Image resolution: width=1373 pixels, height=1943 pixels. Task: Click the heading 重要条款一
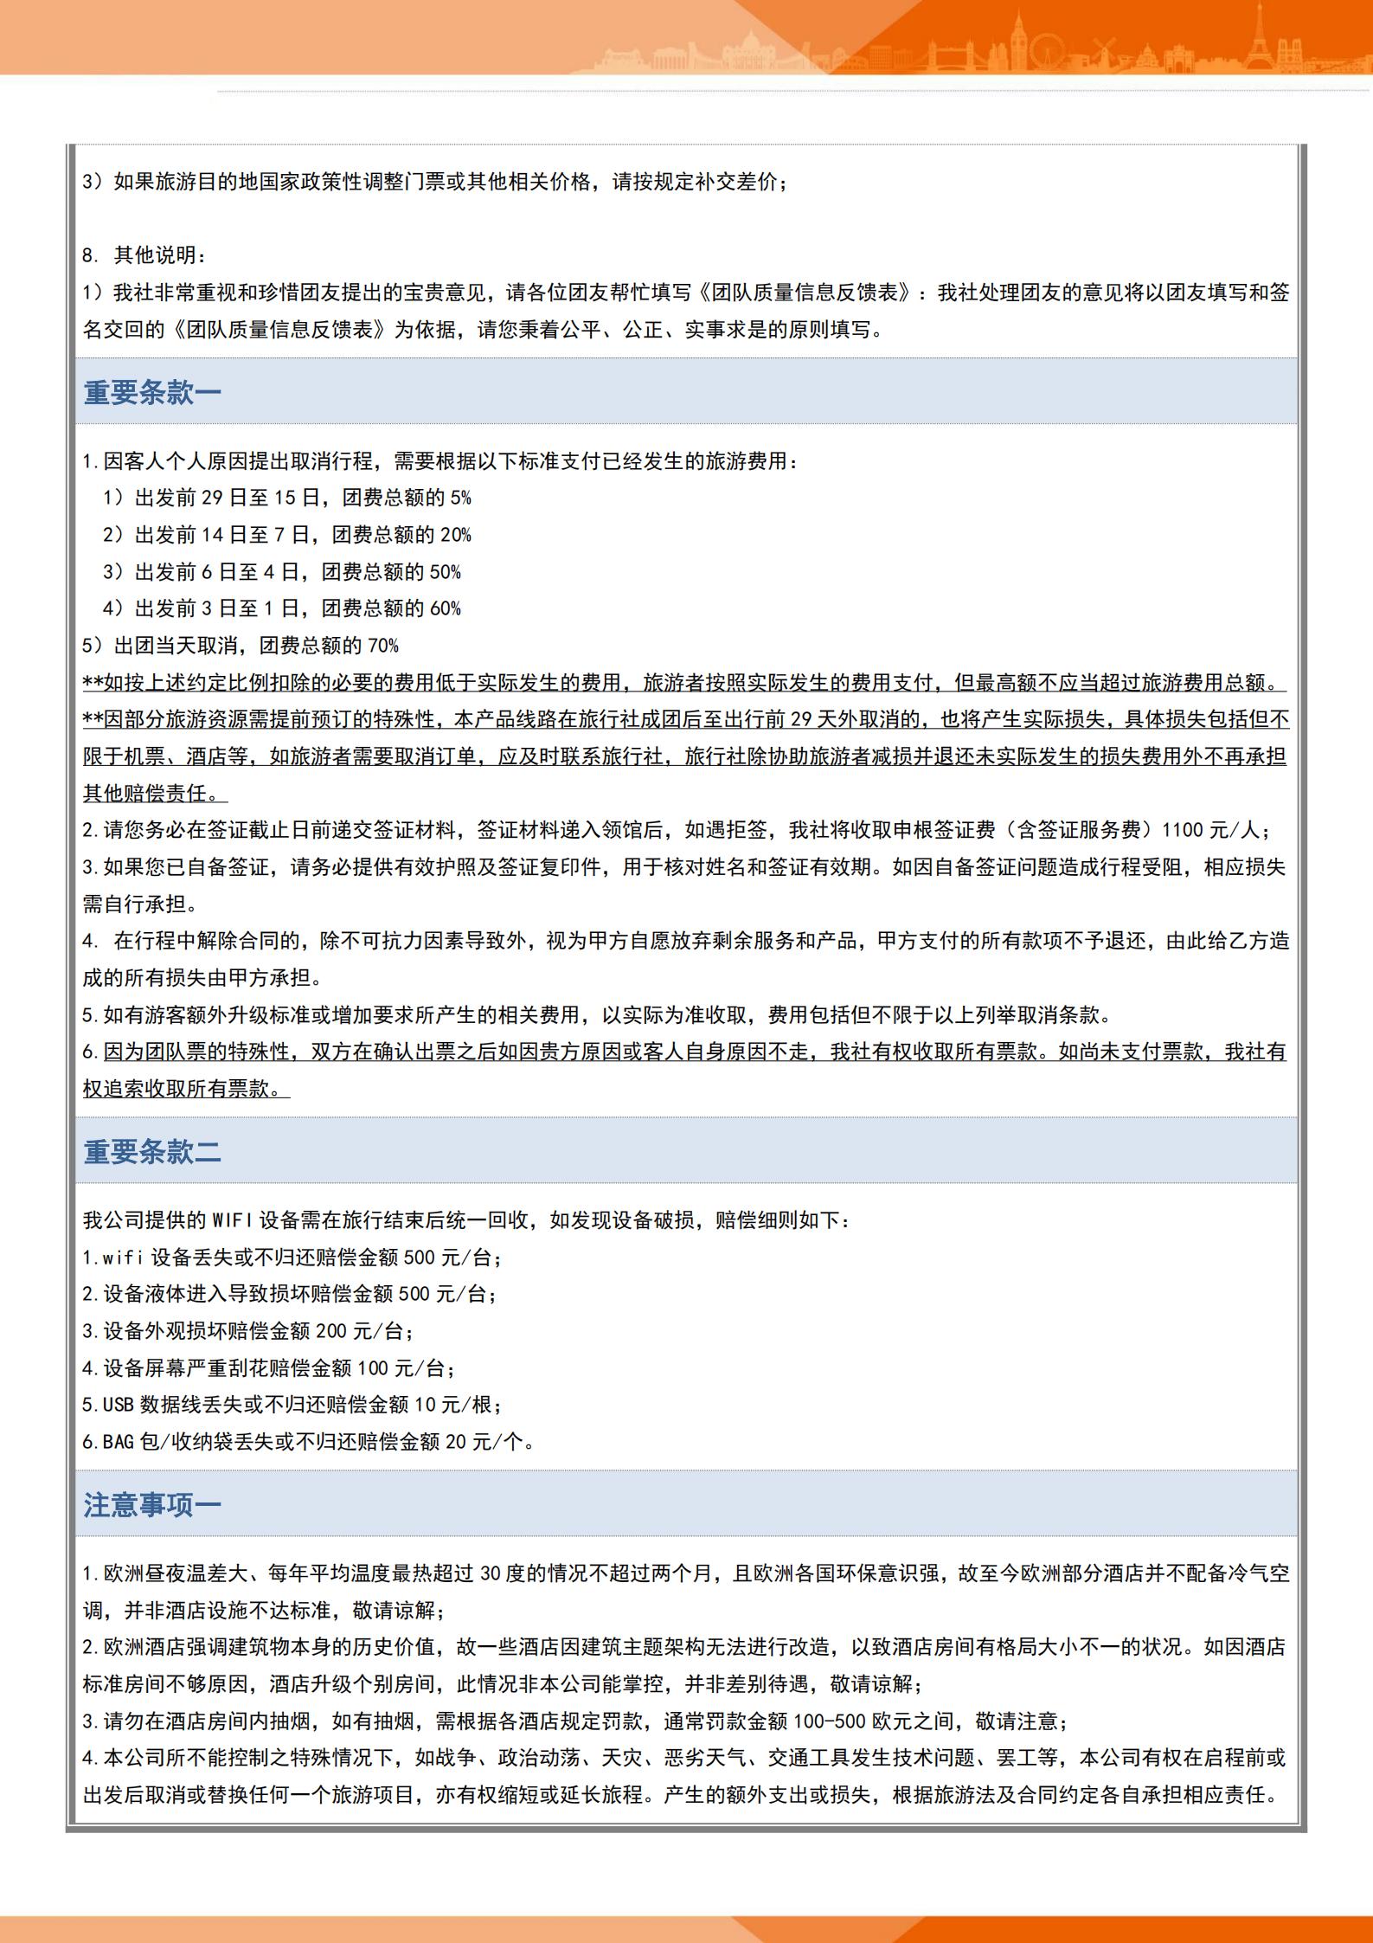click(152, 393)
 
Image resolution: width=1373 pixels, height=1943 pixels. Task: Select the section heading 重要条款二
click(152, 1151)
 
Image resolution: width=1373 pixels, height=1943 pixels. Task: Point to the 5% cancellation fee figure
click(460, 498)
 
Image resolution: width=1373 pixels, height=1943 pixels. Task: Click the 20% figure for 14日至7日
click(455, 535)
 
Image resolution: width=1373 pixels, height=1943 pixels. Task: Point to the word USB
click(118, 1405)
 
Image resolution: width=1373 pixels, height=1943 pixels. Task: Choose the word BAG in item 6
click(118, 1442)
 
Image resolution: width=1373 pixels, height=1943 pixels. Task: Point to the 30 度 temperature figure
click(498, 1573)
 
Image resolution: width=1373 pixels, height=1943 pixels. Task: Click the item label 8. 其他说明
click(144, 255)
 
